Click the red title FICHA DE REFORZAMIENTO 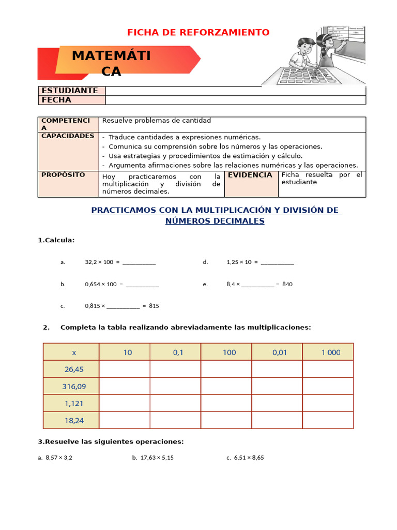[198, 33]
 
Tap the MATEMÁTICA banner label [111, 64]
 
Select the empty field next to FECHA [235, 100]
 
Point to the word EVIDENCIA [250, 175]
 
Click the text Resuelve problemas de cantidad [157, 121]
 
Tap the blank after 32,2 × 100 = [139, 262]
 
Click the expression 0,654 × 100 [101, 284]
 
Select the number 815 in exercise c [154, 306]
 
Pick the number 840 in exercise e [287, 284]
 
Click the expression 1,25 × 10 [239, 262]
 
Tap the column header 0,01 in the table [280, 352]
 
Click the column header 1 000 [331, 352]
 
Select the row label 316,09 [74, 386]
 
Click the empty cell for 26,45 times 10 [125, 369]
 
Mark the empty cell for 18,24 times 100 [226, 420]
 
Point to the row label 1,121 [74, 403]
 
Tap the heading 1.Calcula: [56, 240]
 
